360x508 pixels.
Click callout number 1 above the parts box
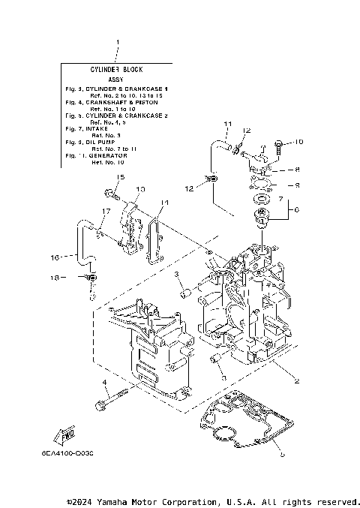click(x=116, y=42)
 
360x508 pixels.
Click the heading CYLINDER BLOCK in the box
click(x=116, y=69)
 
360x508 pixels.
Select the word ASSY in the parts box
click(x=116, y=79)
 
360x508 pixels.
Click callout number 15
click(x=118, y=176)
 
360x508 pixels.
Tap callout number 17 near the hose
click(x=106, y=212)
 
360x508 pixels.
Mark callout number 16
click(x=54, y=257)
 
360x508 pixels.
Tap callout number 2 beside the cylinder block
click(x=297, y=381)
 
